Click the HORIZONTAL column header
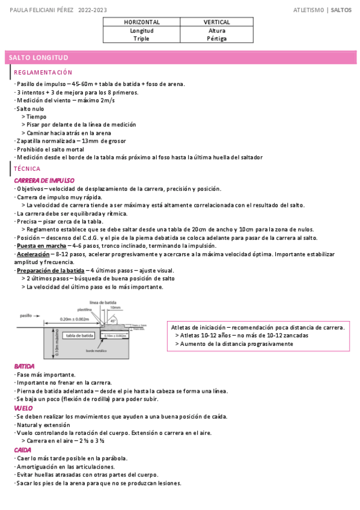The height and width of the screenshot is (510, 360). coord(142,22)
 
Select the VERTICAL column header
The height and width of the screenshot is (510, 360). coord(217,22)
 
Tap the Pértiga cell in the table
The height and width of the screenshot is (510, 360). coord(217,38)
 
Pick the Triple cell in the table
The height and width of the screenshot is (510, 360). coord(142,38)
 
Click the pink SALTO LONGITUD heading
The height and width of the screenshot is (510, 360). coord(38,58)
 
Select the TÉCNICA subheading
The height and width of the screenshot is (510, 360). coord(27,169)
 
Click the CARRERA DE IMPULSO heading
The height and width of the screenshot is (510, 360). coord(44,180)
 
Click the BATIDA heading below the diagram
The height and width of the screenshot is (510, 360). coord(24,366)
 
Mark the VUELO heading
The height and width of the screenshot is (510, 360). coord(23,408)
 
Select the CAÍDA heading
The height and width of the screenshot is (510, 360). coord(23,449)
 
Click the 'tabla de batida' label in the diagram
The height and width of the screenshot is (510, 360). coord(79,335)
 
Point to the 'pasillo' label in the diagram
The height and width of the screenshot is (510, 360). coord(25,315)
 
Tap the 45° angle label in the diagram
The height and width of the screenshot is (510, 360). coord(113,321)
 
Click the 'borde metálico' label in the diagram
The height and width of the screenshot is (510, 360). coord(96,350)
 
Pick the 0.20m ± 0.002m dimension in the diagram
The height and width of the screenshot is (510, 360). coord(74,319)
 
